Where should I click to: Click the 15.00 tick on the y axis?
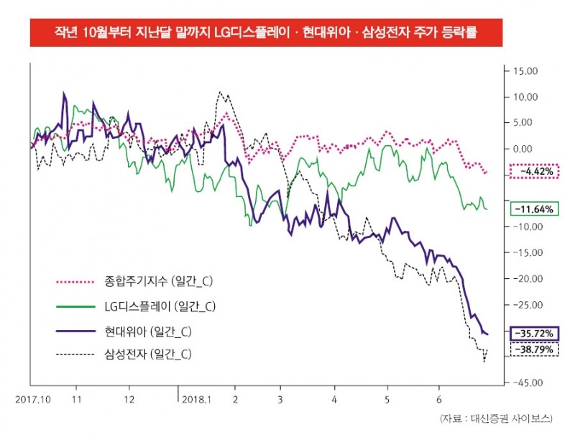point(524,70)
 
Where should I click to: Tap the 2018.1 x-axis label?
point(197,397)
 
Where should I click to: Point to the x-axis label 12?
point(128,397)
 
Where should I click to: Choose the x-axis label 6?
point(438,397)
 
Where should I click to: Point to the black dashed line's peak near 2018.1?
point(220,93)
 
